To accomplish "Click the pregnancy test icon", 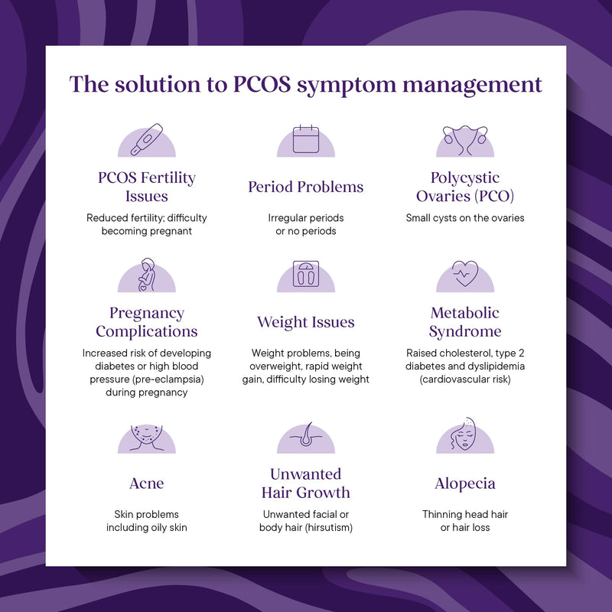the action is [x=147, y=139].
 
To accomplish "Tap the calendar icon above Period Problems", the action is [x=306, y=139].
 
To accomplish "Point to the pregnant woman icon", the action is [x=147, y=275].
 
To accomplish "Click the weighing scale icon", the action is [x=306, y=274].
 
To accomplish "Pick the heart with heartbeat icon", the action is [x=465, y=273].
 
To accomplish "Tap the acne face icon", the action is [x=146, y=438].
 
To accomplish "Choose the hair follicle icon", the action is [x=306, y=434].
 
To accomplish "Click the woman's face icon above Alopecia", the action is [x=464, y=434].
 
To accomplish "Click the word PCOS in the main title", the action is [x=262, y=84].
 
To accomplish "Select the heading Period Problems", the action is [x=306, y=187].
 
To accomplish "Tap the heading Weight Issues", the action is [x=306, y=322].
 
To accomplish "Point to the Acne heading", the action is [x=147, y=483].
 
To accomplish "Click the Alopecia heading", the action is [x=465, y=483].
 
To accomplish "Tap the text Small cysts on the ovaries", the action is [x=465, y=218].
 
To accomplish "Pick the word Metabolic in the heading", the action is [x=465, y=313].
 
